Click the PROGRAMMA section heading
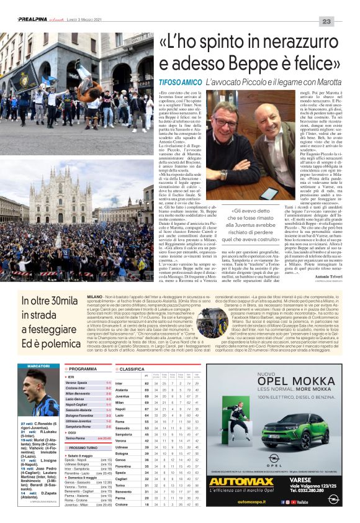pyautogui.click(x=83, y=369)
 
